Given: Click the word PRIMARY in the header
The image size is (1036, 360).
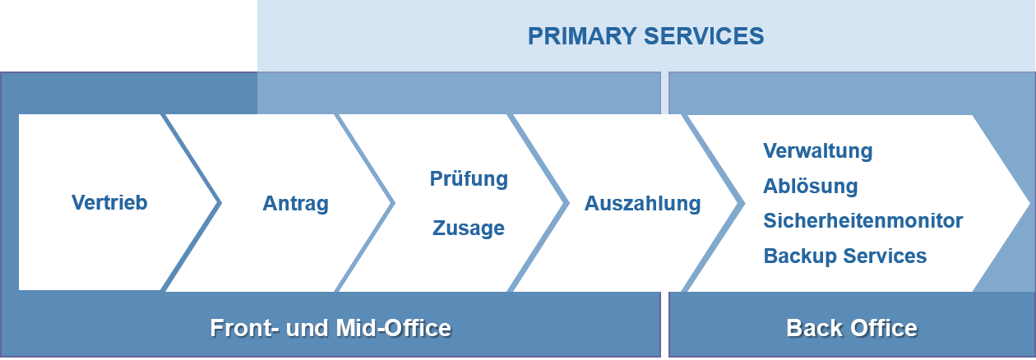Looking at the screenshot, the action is [582, 36].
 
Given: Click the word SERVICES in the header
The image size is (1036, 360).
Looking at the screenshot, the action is [704, 36].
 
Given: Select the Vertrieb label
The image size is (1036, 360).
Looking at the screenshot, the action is [109, 202].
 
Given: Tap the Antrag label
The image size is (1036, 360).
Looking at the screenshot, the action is [295, 204].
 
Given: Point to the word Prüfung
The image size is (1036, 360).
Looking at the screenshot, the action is [469, 178].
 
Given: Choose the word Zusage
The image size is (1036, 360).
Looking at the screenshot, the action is [469, 228].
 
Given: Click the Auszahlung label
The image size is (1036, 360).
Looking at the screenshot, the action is [643, 204].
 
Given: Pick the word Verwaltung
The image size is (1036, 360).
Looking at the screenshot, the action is [817, 150].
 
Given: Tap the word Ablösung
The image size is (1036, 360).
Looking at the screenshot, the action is [811, 186].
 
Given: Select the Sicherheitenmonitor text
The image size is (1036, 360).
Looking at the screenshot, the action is [863, 220].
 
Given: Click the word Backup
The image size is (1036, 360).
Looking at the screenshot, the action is [800, 256].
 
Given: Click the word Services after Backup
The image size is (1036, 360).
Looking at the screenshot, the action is [885, 256].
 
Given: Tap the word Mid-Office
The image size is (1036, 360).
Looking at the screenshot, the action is [393, 328].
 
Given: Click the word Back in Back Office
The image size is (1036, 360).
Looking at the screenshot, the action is [814, 328].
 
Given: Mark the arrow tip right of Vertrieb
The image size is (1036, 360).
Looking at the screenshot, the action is [221, 202].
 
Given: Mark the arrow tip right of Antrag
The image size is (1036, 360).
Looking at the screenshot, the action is [395, 202].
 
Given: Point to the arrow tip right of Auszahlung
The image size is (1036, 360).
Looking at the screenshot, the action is [743, 202].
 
